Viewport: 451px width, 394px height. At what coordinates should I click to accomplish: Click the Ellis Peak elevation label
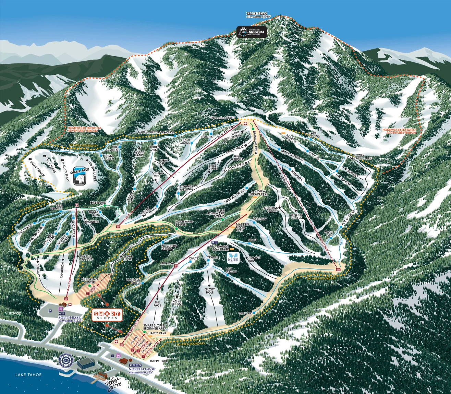[x=258, y=15]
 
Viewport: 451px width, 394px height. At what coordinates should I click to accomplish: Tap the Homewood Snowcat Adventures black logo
[x=252, y=32]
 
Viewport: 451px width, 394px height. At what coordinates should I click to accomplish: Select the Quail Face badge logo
[x=80, y=176]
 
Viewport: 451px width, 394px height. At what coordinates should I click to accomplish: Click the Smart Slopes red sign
[x=107, y=315]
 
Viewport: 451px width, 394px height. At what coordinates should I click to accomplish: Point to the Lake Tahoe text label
[x=28, y=375]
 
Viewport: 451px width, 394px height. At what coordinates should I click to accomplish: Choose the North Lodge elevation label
[x=142, y=371]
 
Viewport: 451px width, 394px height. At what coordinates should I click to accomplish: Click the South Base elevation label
[x=70, y=319]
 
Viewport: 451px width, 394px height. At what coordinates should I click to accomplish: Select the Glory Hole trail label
[x=210, y=291]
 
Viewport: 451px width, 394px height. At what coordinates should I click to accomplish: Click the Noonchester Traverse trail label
[x=156, y=132]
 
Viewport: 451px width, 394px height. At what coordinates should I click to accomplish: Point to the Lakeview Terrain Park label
[x=259, y=193]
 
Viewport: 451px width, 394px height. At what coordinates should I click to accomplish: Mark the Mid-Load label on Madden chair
[x=168, y=263]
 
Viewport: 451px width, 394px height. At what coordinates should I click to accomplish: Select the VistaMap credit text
[x=13, y=313]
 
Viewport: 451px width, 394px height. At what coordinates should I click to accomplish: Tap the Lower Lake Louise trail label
[x=363, y=157]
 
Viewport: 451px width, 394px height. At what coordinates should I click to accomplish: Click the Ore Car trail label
[x=245, y=313]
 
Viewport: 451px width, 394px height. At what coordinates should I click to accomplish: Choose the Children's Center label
[x=89, y=281]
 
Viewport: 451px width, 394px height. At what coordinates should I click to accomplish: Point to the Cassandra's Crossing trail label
[x=187, y=188]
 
